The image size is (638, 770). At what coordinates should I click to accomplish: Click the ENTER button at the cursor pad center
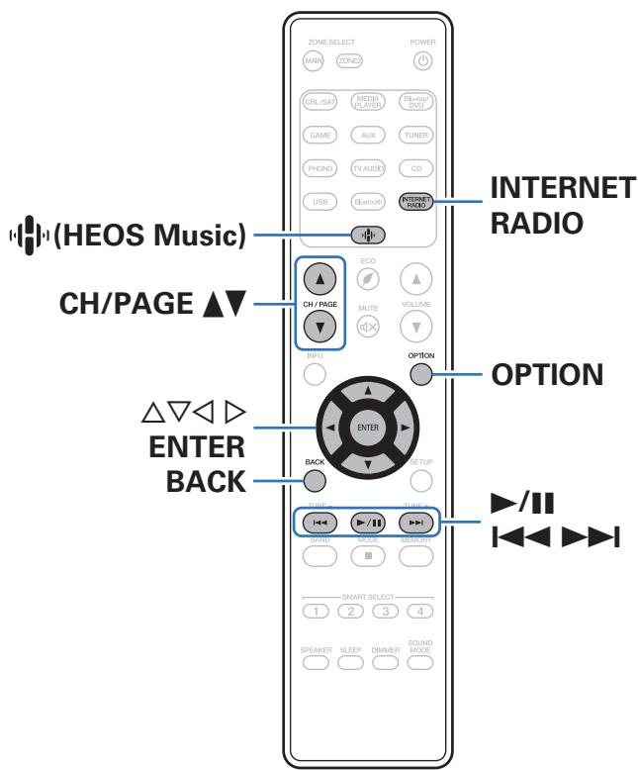pyautogui.click(x=368, y=427)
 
